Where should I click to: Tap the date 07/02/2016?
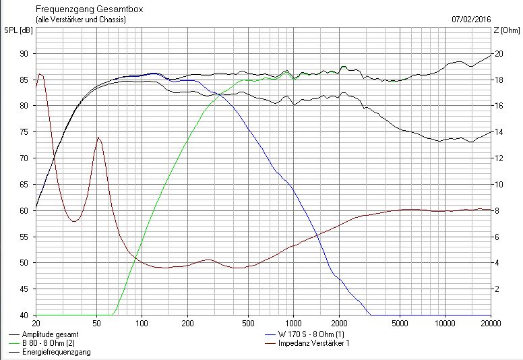471,19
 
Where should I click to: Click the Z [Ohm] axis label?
506,30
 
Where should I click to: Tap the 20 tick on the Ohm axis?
498,54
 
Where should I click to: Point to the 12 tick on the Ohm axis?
498,158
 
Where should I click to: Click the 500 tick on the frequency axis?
248,324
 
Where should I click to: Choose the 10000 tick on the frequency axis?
445,324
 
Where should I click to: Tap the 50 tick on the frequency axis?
97,324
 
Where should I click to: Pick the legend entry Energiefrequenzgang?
56,352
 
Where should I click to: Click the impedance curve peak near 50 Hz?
98,137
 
